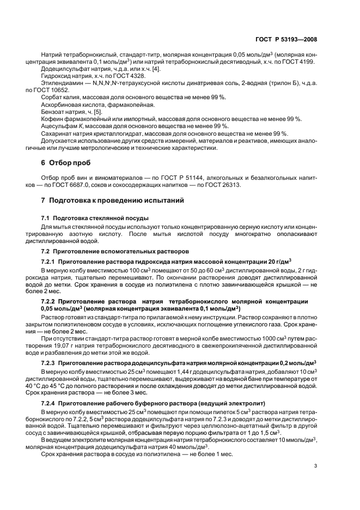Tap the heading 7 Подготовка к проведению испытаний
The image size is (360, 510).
113,201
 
